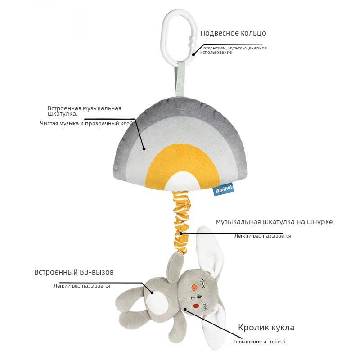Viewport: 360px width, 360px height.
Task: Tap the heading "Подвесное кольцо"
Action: coord(233,33)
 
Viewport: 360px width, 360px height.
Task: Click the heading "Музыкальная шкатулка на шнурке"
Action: coord(274,222)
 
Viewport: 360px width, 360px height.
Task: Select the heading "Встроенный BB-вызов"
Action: coord(74,272)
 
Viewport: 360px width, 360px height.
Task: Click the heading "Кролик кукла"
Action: coord(266,328)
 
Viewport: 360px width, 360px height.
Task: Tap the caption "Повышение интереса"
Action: coord(259,342)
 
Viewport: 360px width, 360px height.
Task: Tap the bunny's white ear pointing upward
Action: coord(211,252)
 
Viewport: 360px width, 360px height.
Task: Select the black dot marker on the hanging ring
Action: coord(193,54)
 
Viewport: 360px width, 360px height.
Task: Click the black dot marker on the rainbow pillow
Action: coord(144,148)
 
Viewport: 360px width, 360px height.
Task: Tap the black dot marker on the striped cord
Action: coord(181,234)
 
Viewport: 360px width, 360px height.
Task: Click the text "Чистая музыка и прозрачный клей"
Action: coord(87,123)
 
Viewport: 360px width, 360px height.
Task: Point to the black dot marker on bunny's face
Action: coord(185,309)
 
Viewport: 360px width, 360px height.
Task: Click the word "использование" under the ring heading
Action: coord(216,52)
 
